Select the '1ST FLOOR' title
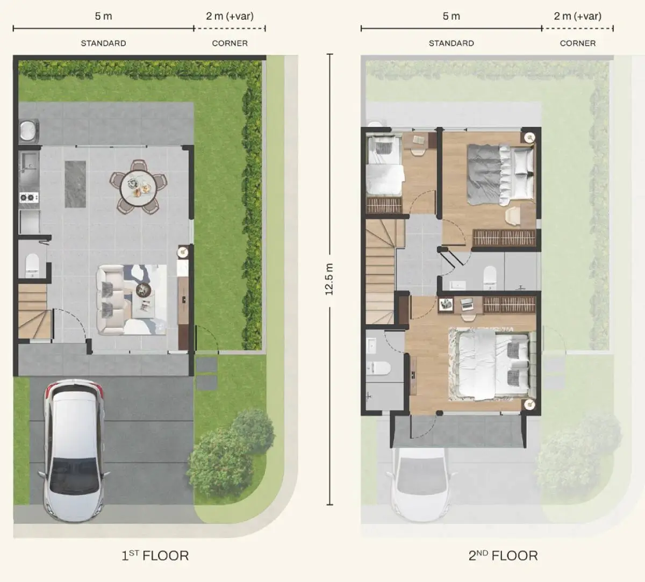click(155, 555)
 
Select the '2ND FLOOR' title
click(503, 555)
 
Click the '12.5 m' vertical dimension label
click(329, 279)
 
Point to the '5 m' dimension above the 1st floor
click(103, 16)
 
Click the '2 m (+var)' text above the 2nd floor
click(577, 16)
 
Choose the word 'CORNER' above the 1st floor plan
click(230, 43)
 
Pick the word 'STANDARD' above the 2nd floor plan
click(451, 43)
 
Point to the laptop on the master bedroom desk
click(467, 305)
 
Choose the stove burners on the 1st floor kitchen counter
click(28, 197)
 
